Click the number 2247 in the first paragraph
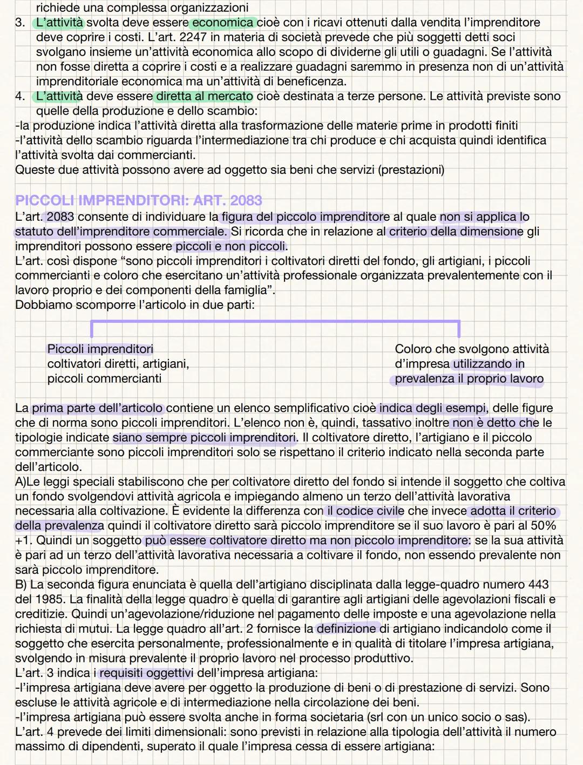178,37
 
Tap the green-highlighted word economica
222,23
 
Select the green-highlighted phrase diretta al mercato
204,97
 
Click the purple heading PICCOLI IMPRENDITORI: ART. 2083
138,201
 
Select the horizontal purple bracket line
275,322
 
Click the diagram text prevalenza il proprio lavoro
469,379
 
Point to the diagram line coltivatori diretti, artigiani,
118,364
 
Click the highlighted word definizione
347,629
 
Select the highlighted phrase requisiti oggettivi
146,673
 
